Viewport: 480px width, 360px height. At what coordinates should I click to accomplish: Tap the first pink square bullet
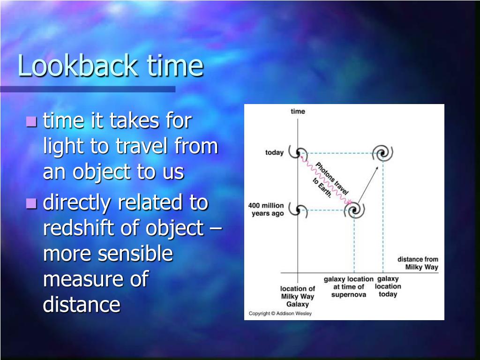coord(31,121)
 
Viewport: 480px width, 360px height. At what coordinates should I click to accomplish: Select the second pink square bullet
coord(31,203)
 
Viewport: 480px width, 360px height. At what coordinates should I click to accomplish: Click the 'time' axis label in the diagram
coord(298,112)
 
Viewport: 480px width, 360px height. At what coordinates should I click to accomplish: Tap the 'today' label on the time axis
coord(274,152)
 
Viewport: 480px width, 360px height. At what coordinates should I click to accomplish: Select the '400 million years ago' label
coord(266,210)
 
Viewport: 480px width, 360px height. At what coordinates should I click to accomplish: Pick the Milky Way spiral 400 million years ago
coord(298,210)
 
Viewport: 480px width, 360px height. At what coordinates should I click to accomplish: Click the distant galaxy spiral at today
coord(382,153)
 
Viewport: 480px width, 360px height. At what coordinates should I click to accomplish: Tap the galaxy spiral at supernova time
coord(354,210)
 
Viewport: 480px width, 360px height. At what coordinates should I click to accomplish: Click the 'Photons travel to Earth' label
coord(330,180)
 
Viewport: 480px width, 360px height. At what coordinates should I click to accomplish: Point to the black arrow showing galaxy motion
coord(368,185)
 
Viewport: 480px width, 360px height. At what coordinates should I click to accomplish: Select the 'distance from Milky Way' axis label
coord(418,263)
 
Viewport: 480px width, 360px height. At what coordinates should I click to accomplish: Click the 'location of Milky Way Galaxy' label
coord(298,296)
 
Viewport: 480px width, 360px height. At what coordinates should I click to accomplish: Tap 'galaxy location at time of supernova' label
coord(349,287)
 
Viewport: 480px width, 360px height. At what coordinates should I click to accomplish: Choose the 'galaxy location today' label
coord(388,286)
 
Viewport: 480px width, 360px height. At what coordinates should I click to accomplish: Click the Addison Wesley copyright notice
coord(280,314)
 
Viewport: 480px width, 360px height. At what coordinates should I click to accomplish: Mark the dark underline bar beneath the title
coord(88,89)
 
